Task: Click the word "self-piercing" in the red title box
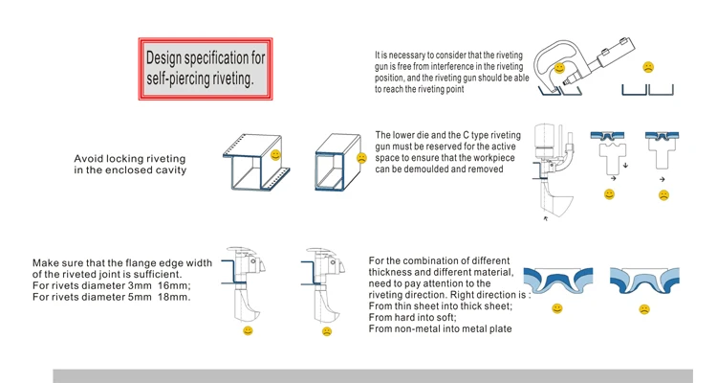(x=179, y=80)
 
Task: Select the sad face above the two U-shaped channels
(x=648, y=67)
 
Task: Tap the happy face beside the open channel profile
(x=275, y=154)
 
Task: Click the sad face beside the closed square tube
(x=361, y=157)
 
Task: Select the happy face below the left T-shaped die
(x=609, y=194)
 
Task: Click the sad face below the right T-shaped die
(x=663, y=194)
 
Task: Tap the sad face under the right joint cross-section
(x=643, y=309)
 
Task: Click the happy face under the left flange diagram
(x=248, y=330)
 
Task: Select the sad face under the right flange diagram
(x=326, y=330)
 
